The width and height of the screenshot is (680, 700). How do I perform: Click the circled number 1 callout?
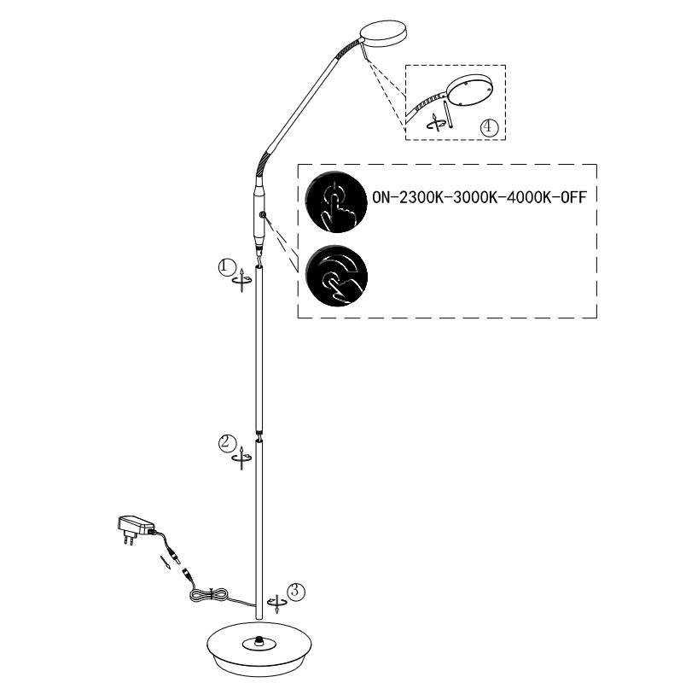tap(227, 267)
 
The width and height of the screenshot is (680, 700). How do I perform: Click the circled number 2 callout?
tap(227, 443)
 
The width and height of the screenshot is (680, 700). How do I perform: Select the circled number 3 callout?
tap(296, 591)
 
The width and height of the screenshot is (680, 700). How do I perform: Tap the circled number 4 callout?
tap(489, 127)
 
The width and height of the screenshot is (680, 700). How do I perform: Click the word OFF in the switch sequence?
tap(572, 197)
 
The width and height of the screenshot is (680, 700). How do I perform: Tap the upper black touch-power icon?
tap(337, 201)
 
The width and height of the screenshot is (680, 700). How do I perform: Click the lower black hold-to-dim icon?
tap(337, 276)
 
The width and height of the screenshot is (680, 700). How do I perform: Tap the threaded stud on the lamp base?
tap(259, 641)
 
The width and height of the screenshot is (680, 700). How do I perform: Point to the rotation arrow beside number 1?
tap(241, 280)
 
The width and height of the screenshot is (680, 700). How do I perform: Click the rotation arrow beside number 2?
tap(241, 458)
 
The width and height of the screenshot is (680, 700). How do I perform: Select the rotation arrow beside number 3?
tap(276, 604)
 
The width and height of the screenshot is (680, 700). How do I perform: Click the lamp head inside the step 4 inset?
tap(468, 90)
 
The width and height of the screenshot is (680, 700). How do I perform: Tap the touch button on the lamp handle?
tap(264, 215)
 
